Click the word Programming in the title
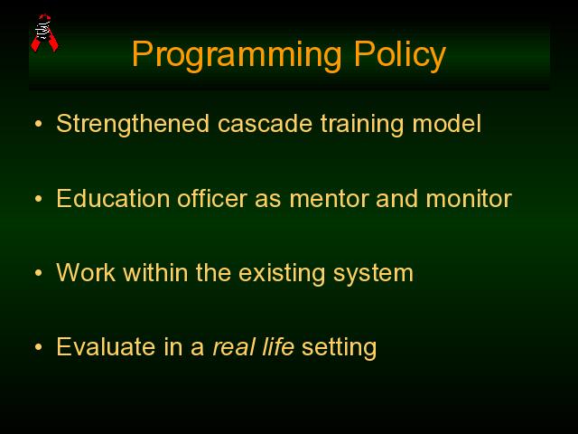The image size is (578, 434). pos(237,55)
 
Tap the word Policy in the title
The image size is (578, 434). pos(400,55)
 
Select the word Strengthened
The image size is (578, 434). pos(133,124)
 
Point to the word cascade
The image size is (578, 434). pos(265,124)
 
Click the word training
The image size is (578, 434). pos(362,125)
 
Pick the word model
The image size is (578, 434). pos(447,124)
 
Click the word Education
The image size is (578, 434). pos(113,199)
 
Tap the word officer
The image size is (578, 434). pos(212,199)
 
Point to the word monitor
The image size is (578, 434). pos(469,199)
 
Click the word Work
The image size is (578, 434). pos(86,273)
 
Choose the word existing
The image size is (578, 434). pos(282,274)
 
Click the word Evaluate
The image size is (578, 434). pos(106,347)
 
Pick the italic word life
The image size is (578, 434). pos(277,347)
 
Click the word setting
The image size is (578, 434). pos(340,348)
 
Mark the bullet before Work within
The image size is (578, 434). pos(38,273)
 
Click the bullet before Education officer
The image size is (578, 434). pos(38,199)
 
